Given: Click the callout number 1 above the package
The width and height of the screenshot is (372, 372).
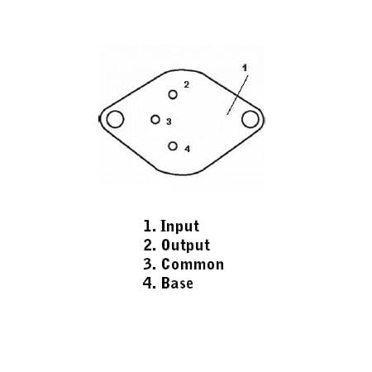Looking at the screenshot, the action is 245,68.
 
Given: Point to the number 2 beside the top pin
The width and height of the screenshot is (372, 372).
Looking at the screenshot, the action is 187,84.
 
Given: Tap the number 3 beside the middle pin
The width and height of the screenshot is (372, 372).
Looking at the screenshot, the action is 169,122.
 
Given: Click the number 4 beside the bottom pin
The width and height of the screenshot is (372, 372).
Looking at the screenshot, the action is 188,149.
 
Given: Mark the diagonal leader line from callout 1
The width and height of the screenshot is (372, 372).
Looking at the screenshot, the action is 237,95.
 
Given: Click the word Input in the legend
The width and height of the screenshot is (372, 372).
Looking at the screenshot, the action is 179,227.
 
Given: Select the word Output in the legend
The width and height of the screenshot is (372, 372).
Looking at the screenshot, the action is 185,245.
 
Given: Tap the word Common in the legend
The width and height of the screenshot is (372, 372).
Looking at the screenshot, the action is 193,265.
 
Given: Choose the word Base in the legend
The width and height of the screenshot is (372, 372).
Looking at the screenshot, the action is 177,283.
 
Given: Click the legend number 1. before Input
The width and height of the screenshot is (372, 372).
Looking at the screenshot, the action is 150,226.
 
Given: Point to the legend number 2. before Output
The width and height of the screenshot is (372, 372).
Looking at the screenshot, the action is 150,245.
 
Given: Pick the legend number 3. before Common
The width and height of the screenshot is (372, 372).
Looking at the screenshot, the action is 150,264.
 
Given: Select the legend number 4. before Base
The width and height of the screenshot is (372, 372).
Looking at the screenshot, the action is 150,283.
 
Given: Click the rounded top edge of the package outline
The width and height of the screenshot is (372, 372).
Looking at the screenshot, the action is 184,69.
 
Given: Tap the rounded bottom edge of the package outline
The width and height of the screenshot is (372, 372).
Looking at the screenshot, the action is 184,174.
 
